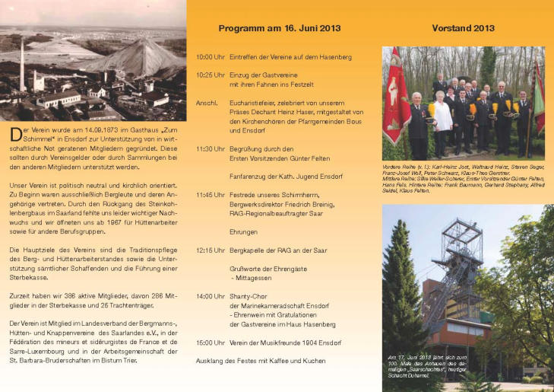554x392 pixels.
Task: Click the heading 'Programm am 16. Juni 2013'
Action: [x=279, y=28]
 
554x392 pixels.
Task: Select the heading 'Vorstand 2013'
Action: [x=463, y=28]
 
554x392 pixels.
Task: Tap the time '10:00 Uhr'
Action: [x=210, y=57]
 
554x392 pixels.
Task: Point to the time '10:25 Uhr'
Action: [x=210, y=75]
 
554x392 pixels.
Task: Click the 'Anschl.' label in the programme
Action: [x=207, y=102]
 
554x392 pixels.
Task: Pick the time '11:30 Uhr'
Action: [x=210, y=148]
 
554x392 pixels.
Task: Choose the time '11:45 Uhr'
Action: [x=210, y=195]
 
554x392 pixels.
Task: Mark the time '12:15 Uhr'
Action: [x=210, y=250]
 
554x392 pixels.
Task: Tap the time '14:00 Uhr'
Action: [x=210, y=296]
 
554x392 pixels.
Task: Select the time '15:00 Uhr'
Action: [x=210, y=343]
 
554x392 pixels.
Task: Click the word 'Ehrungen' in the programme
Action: [x=244, y=231]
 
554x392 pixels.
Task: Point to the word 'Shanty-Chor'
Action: [x=249, y=296]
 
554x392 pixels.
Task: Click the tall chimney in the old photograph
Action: [x=22, y=65]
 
